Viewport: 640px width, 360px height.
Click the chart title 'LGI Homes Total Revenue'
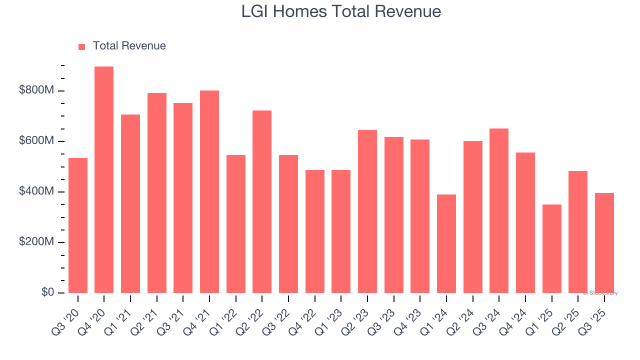(x=341, y=11)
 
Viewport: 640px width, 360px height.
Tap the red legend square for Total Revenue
(x=82, y=46)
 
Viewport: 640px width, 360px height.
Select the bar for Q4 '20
(x=104, y=180)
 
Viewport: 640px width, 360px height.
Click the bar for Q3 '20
(x=78, y=225)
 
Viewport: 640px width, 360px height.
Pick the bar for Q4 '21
(x=209, y=191)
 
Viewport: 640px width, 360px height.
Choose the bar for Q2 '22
(x=262, y=201)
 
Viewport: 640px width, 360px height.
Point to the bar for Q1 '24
(x=446, y=243)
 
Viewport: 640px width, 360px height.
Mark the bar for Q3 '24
(x=499, y=210)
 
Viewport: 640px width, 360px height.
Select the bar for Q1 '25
(x=551, y=248)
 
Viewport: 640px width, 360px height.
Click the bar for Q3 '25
(x=604, y=243)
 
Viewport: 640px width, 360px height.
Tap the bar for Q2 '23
(x=367, y=211)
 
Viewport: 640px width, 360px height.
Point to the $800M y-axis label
(x=36, y=90)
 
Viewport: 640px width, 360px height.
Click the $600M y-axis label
(x=36, y=141)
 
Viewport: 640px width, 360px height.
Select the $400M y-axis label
(x=36, y=191)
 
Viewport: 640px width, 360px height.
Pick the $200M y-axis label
(x=36, y=242)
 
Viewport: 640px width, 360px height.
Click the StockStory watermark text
(x=600, y=293)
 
